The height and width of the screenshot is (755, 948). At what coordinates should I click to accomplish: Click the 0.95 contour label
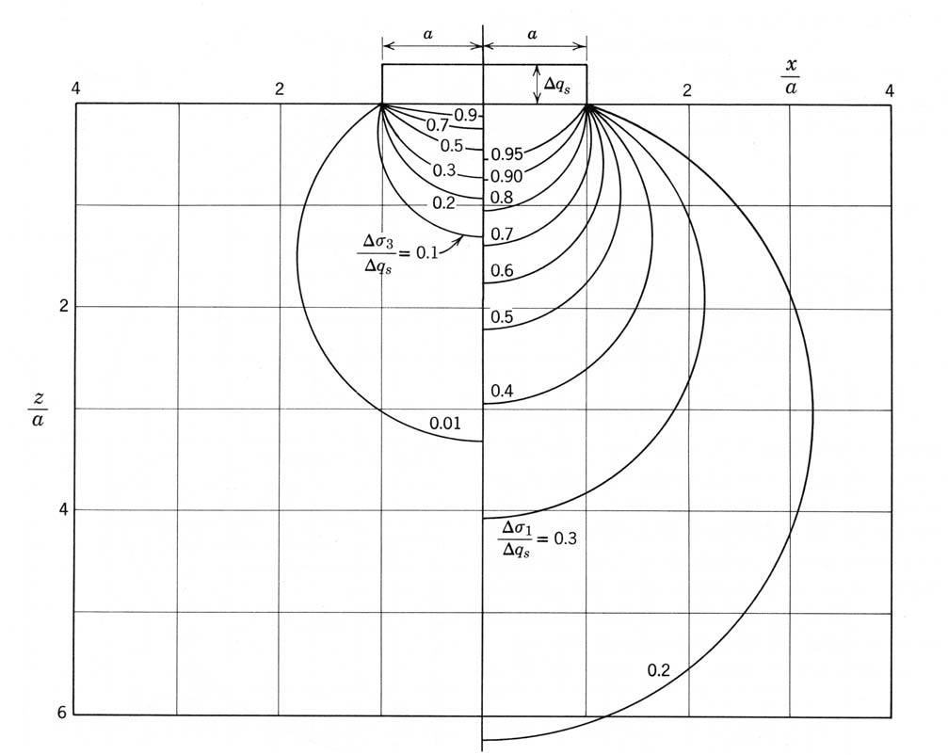[x=506, y=154]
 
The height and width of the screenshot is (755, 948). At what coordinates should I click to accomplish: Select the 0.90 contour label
[x=506, y=176]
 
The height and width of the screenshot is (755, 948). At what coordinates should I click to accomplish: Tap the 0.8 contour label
[x=501, y=197]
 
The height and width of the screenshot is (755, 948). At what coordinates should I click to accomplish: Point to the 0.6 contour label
[x=502, y=270]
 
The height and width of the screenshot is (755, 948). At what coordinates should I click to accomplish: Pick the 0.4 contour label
[x=502, y=391]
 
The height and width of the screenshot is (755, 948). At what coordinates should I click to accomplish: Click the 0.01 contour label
[x=445, y=423]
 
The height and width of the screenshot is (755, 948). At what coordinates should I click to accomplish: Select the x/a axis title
[x=791, y=77]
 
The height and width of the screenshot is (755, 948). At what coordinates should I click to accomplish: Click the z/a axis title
[x=38, y=410]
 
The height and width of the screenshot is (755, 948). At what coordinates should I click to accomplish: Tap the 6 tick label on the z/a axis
[x=62, y=713]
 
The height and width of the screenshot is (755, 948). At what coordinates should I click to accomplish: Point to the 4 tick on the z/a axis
[x=63, y=509]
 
